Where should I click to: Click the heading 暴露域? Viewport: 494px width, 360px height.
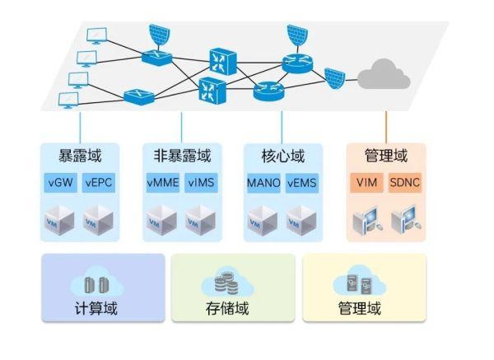[x=80, y=156]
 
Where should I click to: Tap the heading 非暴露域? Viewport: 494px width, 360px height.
[x=182, y=156]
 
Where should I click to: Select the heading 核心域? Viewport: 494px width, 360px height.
[x=283, y=156]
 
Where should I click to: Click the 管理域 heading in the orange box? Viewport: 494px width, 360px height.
[x=385, y=156]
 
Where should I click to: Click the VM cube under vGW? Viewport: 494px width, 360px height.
[x=60, y=219]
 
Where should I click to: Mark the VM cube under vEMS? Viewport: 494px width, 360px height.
[x=302, y=219]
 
